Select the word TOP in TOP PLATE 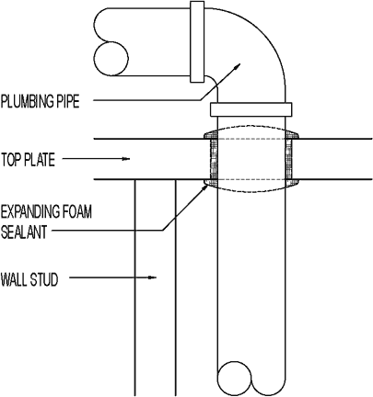tap(14, 159)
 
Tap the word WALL tap(16, 277)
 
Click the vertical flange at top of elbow tap(196, 42)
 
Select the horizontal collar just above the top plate tap(253, 110)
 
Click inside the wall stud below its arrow tap(155, 331)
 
